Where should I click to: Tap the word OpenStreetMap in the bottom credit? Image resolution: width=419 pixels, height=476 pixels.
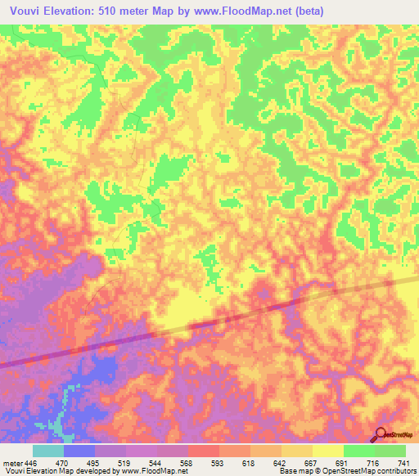(x=349, y=470)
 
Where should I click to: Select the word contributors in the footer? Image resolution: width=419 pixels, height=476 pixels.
(x=395, y=470)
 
